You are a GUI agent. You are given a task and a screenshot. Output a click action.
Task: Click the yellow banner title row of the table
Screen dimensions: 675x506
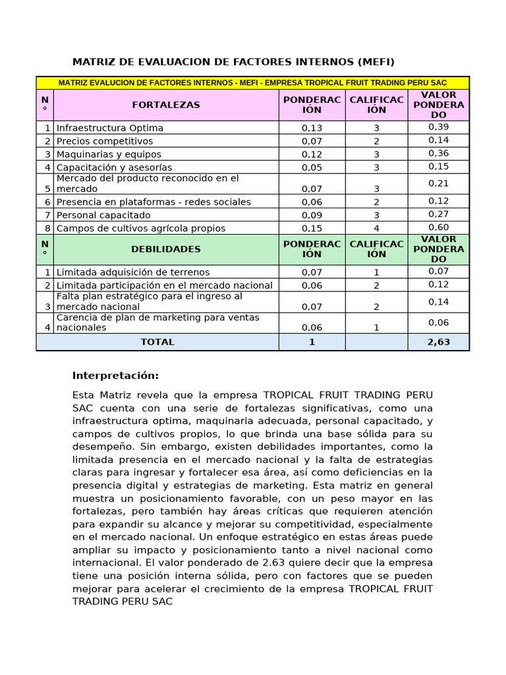(x=252, y=83)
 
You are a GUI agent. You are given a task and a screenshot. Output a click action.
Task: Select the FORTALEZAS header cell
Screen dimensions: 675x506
(x=165, y=105)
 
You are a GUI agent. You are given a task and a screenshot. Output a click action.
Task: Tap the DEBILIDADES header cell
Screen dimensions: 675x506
(x=165, y=249)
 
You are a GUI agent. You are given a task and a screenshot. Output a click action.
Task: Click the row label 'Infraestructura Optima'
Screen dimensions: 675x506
(x=109, y=128)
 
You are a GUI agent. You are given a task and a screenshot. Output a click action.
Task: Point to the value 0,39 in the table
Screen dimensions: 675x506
(x=438, y=127)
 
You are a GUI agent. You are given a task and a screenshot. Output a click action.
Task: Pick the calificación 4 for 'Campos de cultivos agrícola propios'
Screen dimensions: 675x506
(x=376, y=228)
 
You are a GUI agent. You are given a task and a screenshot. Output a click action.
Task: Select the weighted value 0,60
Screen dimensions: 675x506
(x=438, y=227)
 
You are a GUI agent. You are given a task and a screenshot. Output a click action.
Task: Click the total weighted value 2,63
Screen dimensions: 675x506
(x=438, y=342)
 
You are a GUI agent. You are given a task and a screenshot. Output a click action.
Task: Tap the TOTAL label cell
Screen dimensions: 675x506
(x=157, y=342)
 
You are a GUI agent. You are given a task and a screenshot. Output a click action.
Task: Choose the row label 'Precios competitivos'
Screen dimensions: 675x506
(x=104, y=141)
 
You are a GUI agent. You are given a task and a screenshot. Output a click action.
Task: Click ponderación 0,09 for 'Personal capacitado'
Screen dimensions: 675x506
(x=312, y=215)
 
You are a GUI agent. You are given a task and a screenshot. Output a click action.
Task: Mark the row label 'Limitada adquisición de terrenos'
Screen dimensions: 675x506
(x=132, y=272)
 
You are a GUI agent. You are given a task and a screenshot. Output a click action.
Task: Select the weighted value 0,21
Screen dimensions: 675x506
(x=438, y=183)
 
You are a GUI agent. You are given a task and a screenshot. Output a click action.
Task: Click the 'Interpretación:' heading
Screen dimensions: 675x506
(x=115, y=376)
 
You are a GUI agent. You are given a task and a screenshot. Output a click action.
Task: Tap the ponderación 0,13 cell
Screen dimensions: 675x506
(x=312, y=128)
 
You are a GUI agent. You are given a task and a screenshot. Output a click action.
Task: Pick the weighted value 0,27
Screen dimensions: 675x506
(x=438, y=214)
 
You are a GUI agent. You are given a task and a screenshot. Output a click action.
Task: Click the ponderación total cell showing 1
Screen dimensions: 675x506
(x=312, y=342)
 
